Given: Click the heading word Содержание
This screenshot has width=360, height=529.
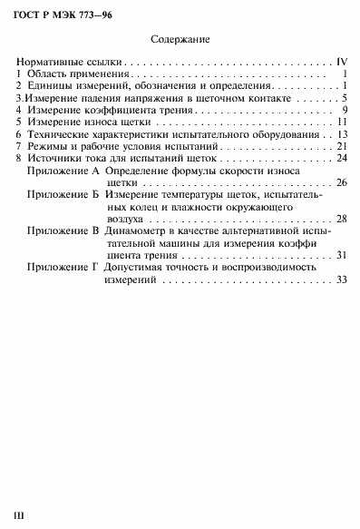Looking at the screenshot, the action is point(180,40).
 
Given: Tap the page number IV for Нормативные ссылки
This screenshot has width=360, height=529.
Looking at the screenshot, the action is point(342,63).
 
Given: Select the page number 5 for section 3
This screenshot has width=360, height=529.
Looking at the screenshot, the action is point(345,98).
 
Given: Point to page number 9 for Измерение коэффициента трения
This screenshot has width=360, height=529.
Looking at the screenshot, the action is point(345,110).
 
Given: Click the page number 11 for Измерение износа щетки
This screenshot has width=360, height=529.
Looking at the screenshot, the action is point(343,122).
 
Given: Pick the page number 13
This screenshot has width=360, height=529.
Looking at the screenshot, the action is point(343,133).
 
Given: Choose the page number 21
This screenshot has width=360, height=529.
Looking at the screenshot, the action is point(343,145).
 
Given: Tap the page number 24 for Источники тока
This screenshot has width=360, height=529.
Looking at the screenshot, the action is point(343,158).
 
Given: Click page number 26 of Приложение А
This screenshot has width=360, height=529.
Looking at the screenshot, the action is point(341,182).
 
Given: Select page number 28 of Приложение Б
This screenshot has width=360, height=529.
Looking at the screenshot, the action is point(341,219).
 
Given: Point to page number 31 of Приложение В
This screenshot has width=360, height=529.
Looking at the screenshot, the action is point(341,256).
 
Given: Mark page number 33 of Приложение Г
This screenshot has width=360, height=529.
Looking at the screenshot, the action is point(341,280).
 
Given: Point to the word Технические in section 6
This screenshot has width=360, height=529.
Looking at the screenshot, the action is point(59,133).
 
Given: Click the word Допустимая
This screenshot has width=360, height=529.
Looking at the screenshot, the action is point(138,269).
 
